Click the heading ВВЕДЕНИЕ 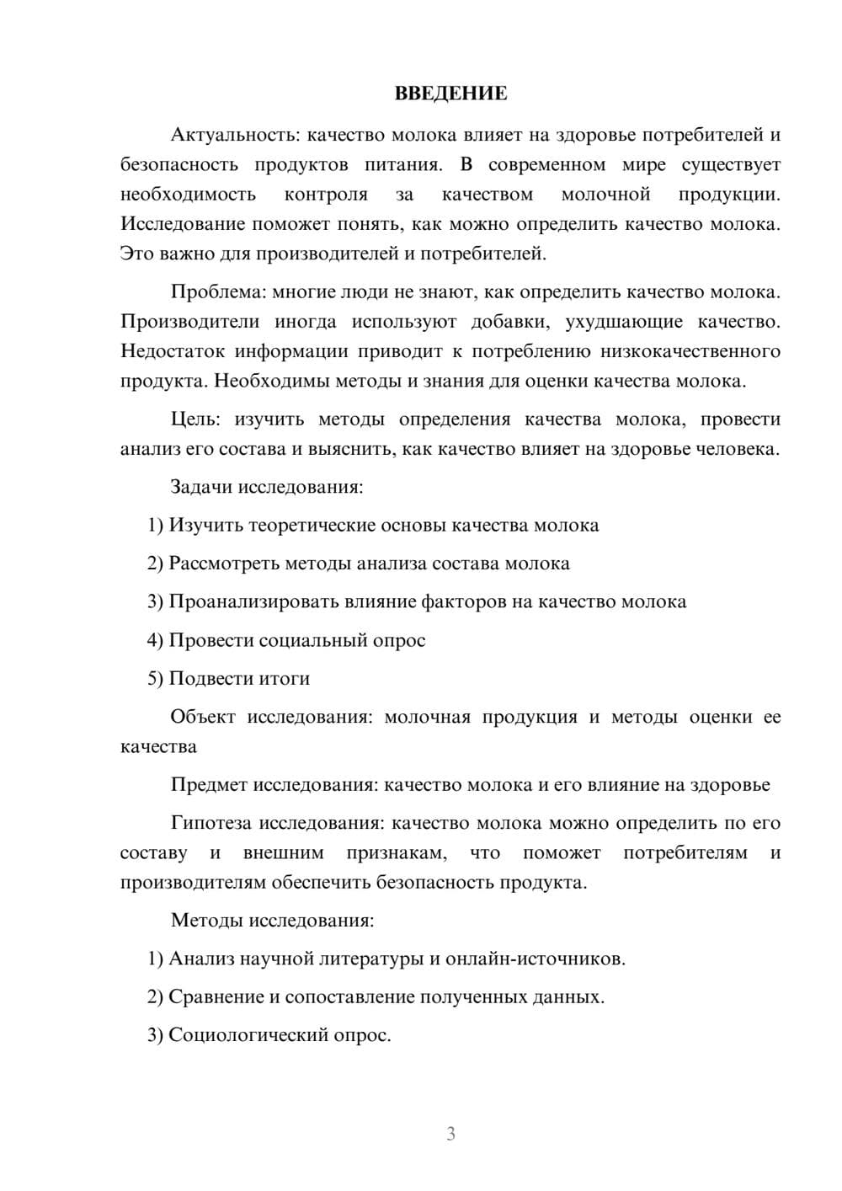[450, 93]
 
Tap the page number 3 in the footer [450, 1134]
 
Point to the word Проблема [216, 292]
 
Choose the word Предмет [209, 785]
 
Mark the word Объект [203, 717]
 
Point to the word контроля [326, 195]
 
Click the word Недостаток [172, 351]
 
